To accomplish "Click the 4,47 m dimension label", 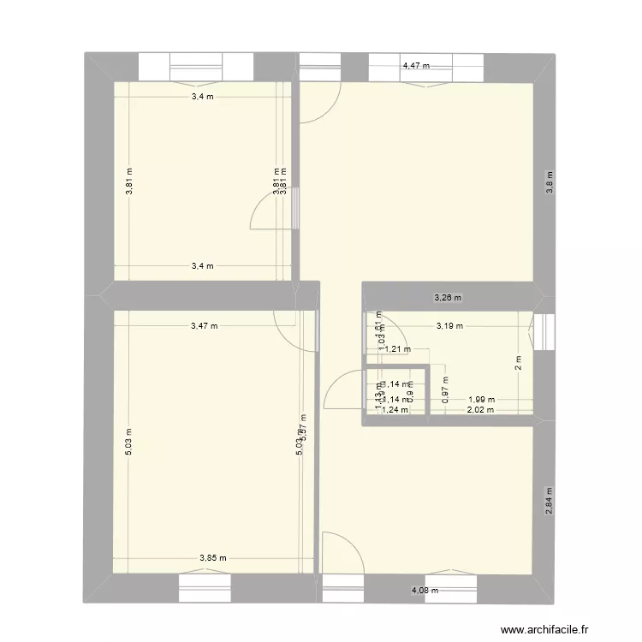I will [x=416, y=65].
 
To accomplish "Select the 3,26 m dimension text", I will [x=448, y=298].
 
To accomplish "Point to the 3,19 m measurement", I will [x=449, y=325].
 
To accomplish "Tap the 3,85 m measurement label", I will [x=212, y=559].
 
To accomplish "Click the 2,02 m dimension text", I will [x=479, y=410].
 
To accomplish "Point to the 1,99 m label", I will [x=480, y=399].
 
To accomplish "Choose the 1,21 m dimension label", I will [x=396, y=348].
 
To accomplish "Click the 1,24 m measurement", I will [x=394, y=410].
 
